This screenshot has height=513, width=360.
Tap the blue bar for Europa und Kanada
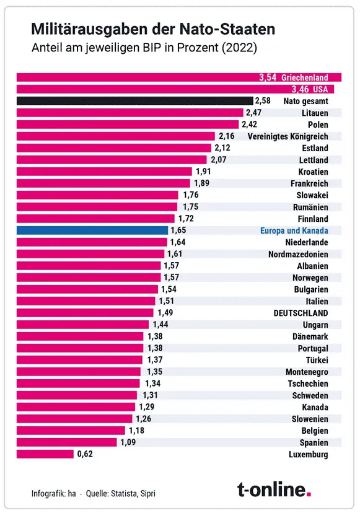tap(92, 230)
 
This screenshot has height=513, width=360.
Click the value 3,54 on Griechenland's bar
tap(267, 77)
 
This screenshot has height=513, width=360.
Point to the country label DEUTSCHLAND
tap(301, 313)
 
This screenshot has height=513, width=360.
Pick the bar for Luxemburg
tap(45, 454)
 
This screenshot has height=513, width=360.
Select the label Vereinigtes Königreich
tap(288, 136)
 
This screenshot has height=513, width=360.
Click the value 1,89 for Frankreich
tap(201, 183)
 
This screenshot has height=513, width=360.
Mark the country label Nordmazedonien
tap(298, 254)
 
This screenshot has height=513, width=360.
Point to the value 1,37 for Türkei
tap(154, 360)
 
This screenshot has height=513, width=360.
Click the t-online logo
tap(274, 489)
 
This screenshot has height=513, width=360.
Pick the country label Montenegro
tap(307, 372)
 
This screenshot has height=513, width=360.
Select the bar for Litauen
tap(130, 112)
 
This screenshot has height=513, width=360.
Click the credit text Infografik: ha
tap(53, 494)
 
